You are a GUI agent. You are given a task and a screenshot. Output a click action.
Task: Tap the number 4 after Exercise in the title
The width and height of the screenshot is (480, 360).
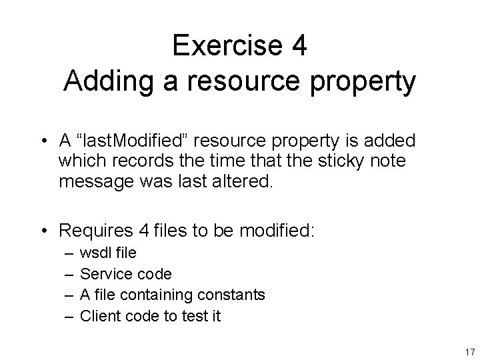point(299,45)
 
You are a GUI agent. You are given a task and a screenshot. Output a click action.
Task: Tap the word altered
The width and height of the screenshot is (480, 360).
point(244,182)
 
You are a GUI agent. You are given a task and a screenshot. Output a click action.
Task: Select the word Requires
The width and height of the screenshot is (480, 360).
point(95,231)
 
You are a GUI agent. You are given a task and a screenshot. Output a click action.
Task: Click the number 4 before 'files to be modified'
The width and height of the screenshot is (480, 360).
point(145,231)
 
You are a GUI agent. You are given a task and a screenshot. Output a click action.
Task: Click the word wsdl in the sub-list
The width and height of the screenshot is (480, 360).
point(95,253)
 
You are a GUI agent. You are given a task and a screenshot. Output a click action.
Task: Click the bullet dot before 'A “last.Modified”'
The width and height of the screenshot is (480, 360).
point(45,141)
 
